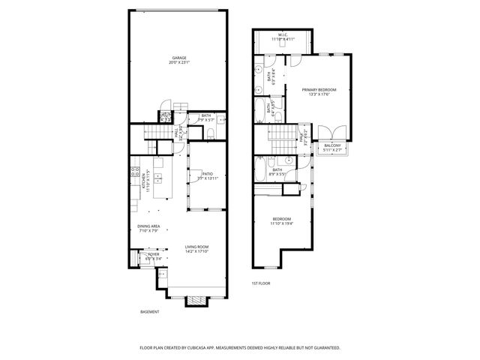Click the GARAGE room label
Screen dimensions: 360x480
(x=178, y=58)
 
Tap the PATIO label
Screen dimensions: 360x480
(x=207, y=173)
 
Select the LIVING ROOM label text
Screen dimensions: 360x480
(x=196, y=247)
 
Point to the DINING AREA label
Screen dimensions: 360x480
(x=148, y=226)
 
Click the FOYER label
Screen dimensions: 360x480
(x=153, y=255)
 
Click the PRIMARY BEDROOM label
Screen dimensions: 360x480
(x=319, y=89)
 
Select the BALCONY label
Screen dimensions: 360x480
(x=331, y=145)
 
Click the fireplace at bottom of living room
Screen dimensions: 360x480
(x=196, y=301)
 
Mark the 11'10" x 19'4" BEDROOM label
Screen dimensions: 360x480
(x=283, y=220)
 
